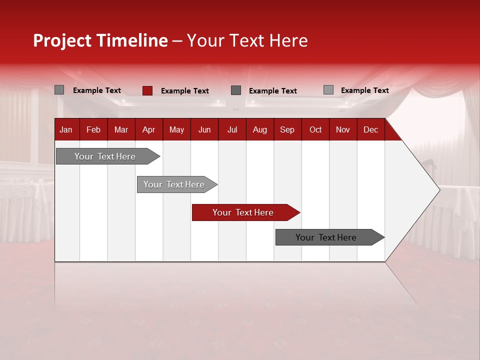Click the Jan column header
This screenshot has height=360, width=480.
coord(66,129)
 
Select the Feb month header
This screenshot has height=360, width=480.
coord(93,129)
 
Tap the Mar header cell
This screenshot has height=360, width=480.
coord(121,129)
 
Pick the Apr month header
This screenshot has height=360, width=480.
coord(148,129)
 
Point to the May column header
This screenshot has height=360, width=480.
coord(176,129)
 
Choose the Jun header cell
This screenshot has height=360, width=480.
coord(204,129)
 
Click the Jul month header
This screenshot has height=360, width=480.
coord(232,129)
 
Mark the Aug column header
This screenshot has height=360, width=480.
coord(259,129)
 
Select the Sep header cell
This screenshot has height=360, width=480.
coord(287,129)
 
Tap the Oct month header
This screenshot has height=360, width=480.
coord(315,129)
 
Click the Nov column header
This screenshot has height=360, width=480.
coord(343,129)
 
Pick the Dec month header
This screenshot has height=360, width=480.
coord(370,129)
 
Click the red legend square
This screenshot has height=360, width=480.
coord(147,90)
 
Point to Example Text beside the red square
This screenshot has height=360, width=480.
coord(185,91)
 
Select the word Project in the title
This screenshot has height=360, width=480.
coord(62,40)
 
